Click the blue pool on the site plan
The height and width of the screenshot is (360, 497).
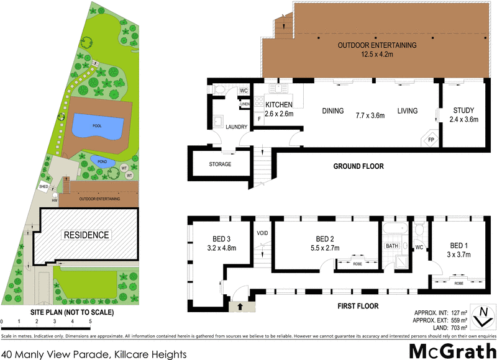pyautogui.click(x=97, y=126)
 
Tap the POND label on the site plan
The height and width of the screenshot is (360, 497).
pyautogui.click(x=102, y=161)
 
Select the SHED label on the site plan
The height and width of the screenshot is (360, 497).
pyautogui.click(x=43, y=186)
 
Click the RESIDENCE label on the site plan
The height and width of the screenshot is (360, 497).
pyautogui.click(x=86, y=235)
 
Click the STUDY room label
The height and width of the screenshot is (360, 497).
pyautogui.click(x=463, y=111)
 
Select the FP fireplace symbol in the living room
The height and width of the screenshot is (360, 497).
pyautogui.click(x=431, y=140)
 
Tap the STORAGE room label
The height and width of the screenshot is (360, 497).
pyautogui.click(x=220, y=164)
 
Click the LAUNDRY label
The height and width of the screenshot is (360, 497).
pyautogui.click(x=237, y=127)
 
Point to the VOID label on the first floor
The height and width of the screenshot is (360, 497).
pyautogui.click(x=262, y=233)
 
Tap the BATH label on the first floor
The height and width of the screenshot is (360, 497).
pyautogui.click(x=391, y=246)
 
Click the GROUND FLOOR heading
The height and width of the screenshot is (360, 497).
pyautogui.click(x=358, y=166)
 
